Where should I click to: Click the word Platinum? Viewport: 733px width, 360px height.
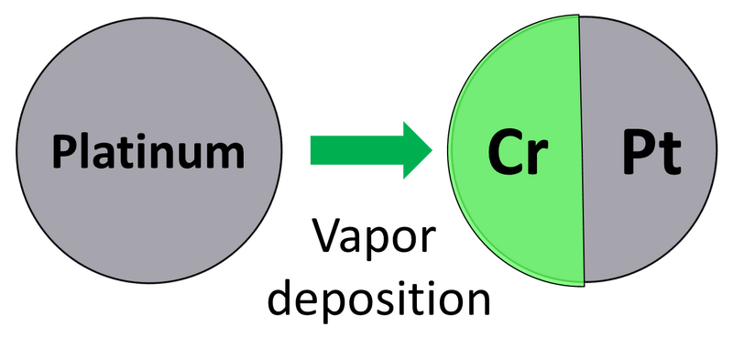tap(148, 151)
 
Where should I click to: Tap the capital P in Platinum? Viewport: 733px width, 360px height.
tap(65, 151)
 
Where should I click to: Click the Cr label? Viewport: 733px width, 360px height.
tap(517, 153)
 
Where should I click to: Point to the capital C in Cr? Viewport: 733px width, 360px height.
tap(504, 153)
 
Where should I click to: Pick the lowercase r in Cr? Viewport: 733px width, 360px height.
tap(537, 158)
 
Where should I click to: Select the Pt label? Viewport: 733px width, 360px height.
tap(651, 153)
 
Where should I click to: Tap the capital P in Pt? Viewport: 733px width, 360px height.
tap(640, 153)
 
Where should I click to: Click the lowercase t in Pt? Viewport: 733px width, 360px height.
tap(671, 156)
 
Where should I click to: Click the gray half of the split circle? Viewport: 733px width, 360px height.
tap(651, 220)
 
